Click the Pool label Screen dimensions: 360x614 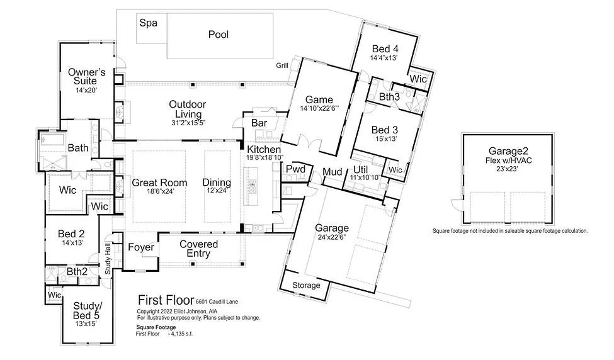[x=219, y=35]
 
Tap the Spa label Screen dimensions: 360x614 [x=149, y=23]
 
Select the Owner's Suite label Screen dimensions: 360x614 [x=83, y=76]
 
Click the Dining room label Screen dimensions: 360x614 [x=217, y=183]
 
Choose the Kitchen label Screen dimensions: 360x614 [x=264, y=149]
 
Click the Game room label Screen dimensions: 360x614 [x=319, y=99]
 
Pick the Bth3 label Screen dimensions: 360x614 [x=389, y=96]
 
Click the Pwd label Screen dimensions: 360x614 [x=295, y=169]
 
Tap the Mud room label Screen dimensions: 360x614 [x=333, y=172]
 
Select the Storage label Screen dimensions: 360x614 [x=307, y=285]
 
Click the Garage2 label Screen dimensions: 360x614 [x=510, y=150]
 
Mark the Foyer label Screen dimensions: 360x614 [x=140, y=247]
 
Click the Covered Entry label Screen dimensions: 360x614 [x=199, y=249]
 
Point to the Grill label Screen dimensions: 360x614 [x=282, y=65]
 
